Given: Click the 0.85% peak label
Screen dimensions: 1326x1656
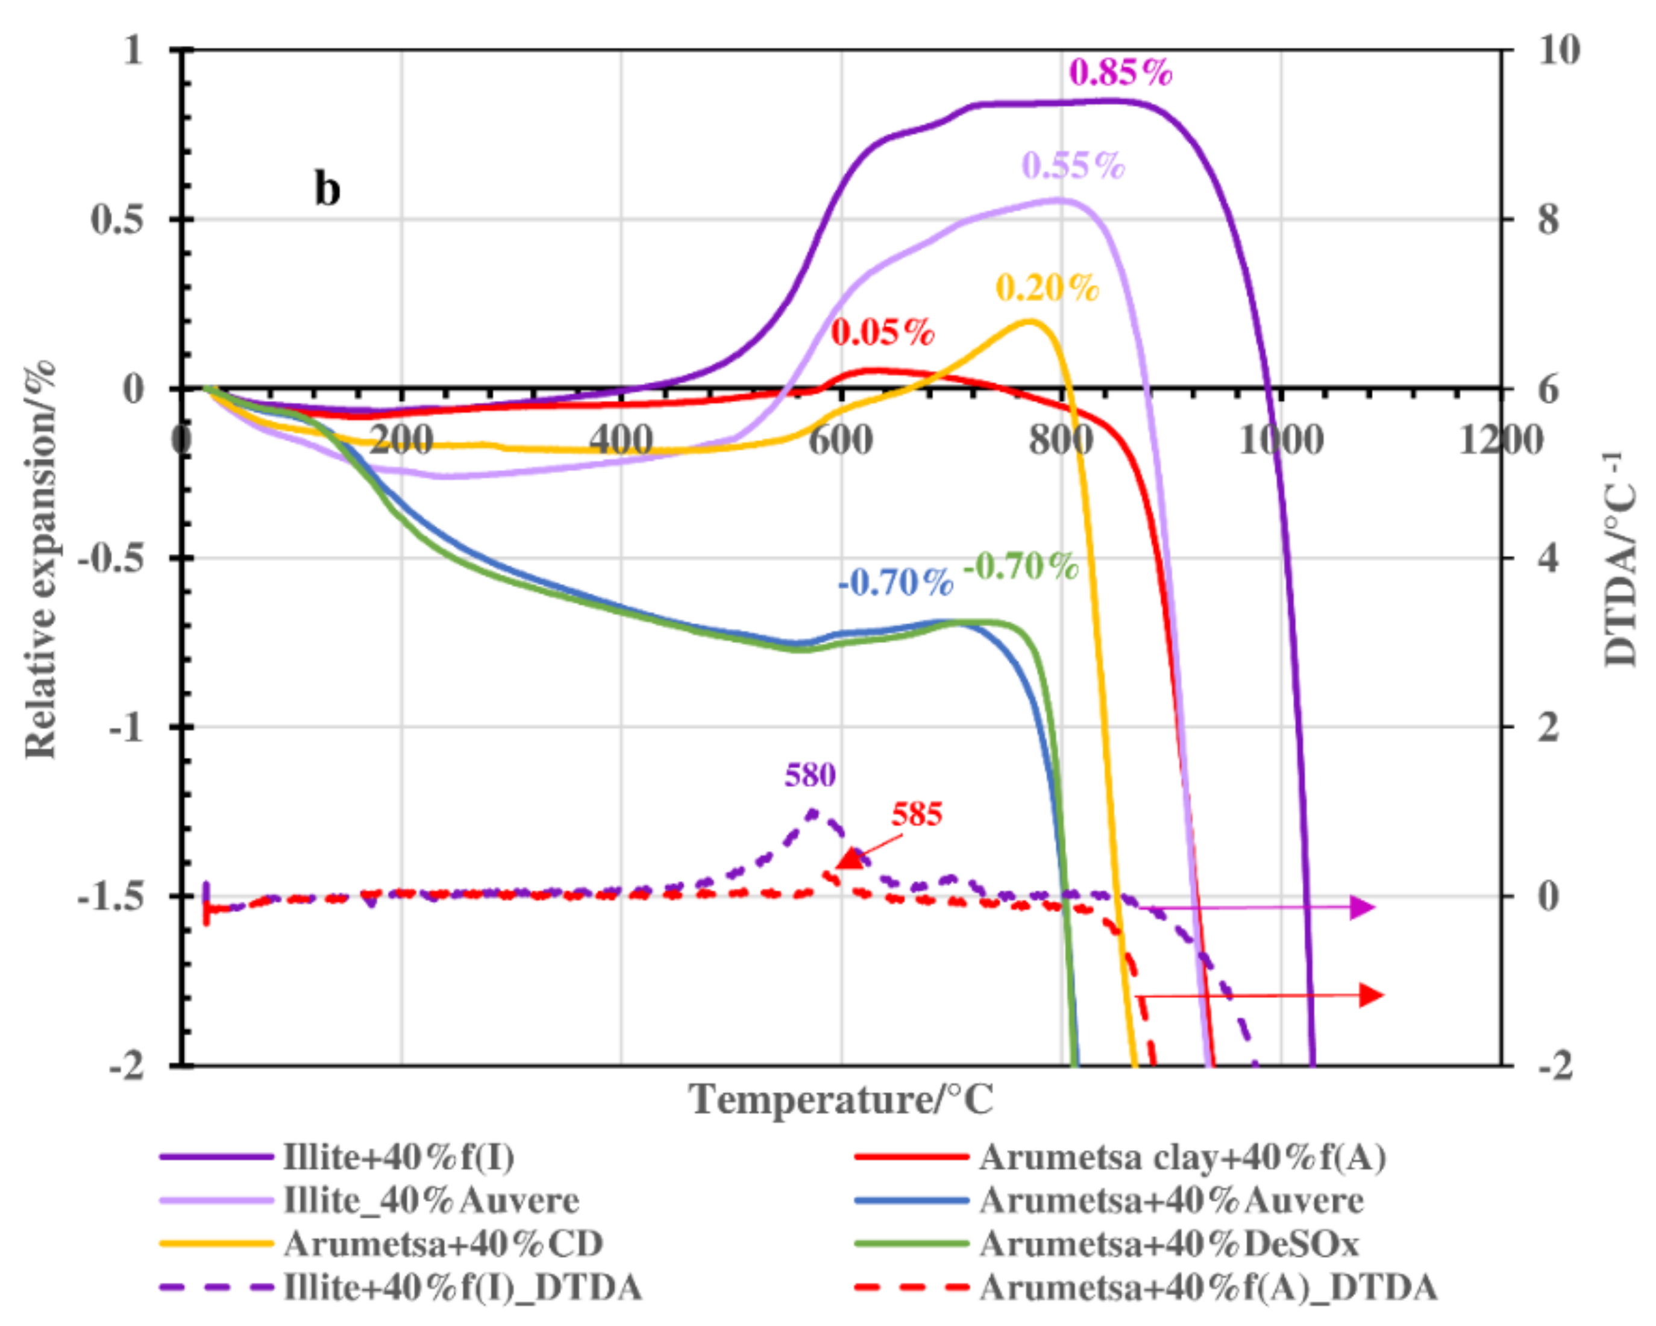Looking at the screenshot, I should click(1121, 73).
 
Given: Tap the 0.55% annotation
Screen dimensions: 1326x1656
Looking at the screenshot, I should click(1073, 166).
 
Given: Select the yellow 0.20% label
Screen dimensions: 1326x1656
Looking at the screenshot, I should click(1048, 288).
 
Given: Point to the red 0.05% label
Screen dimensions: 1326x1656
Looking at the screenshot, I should click(882, 333).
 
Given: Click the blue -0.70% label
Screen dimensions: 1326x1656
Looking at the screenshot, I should click(895, 584).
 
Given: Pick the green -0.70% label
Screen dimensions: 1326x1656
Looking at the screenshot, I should click(1021, 567).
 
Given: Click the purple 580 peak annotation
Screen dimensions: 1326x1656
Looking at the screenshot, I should click(809, 775).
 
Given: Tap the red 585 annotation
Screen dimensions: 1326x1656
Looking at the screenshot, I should click(917, 814).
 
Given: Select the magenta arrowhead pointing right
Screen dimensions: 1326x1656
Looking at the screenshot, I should click(1362, 907).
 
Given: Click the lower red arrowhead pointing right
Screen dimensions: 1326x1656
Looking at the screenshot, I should click(1371, 995).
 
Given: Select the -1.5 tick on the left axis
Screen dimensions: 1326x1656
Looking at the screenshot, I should click(111, 896).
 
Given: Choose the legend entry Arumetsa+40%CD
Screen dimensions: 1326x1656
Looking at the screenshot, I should click(443, 1244).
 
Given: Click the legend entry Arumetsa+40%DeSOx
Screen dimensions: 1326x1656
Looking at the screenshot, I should click(1168, 1244).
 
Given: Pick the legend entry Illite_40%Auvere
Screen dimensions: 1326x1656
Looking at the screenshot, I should click(431, 1200).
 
